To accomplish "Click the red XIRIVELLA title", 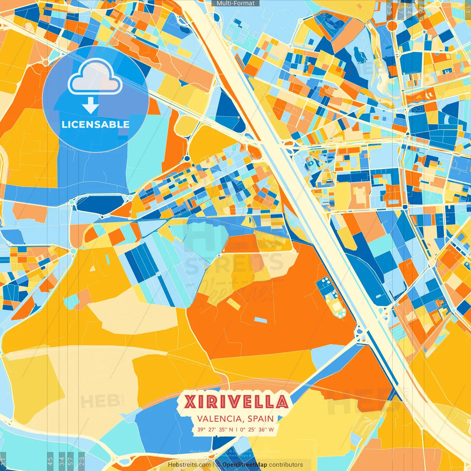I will (x=236, y=401).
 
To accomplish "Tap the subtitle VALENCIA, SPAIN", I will (x=235, y=419).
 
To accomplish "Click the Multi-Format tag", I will (x=235, y=3).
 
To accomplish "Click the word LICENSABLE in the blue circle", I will (x=96, y=124).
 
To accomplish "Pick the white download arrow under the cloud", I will (x=91, y=106).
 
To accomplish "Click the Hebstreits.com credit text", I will (x=189, y=465).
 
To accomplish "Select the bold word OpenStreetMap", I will (x=245, y=465).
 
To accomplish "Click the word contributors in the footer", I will (x=286, y=465).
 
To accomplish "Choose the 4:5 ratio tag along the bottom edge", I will (x=50, y=460).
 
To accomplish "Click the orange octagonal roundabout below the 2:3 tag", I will (x=392, y=25).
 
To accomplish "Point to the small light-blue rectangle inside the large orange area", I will (x=261, y=320).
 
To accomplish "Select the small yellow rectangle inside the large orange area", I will (x=233, y=304).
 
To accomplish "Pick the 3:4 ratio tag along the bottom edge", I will (x=62, y=460).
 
